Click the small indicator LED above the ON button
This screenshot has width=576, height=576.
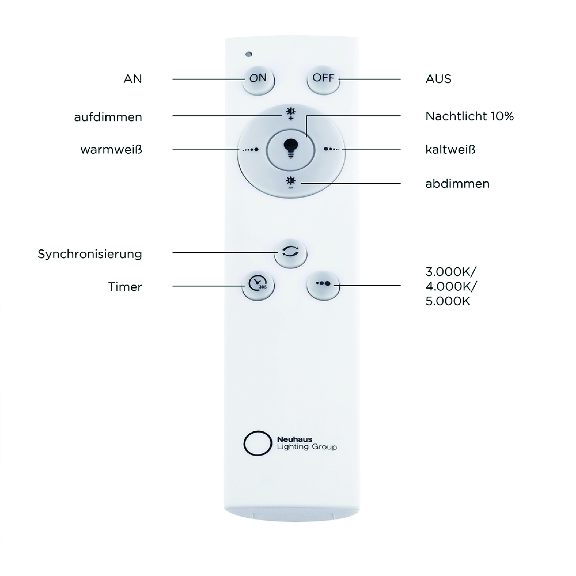(x=249, y=54)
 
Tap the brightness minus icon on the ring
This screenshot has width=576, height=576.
(x=291, y=183)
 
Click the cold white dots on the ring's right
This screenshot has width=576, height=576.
(x=331, y=149)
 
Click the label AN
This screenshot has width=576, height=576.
(x=133, y=79)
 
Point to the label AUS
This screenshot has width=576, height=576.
(x=438, y=79)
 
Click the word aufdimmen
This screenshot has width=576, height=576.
(x=108, y=117)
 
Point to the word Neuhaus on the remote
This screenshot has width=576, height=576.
(x=295, y=439)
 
